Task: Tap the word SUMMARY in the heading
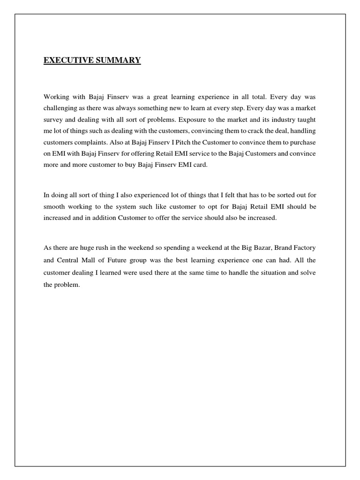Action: [118, 60]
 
